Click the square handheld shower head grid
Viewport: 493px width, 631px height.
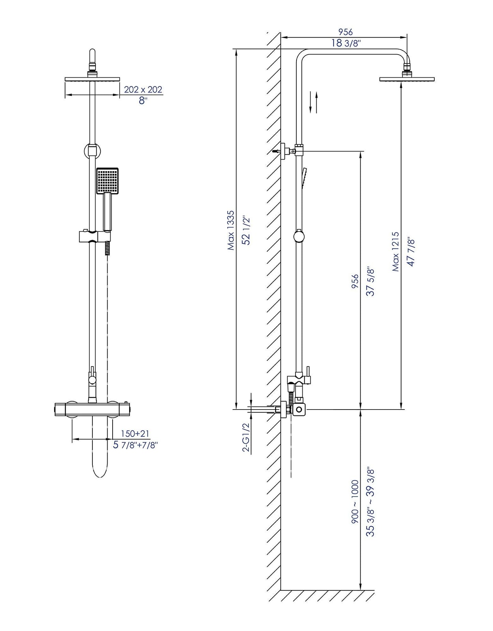click(x=107, y=180)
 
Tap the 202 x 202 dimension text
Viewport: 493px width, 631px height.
click(x=143, y=90)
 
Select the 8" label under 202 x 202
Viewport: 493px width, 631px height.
click(x=143, y=101)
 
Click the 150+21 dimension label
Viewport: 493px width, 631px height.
click(x=135, y=434)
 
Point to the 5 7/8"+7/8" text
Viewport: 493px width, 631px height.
click(x=135, y=445)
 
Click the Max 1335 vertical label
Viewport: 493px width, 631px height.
click(x=231, y=230)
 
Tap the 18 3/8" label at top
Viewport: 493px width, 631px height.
click(x=346, y=43)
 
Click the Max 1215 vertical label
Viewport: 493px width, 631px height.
click(x=395, y=252)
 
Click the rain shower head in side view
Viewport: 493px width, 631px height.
click(x=407, y=79)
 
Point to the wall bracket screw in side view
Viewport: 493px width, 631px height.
click(x=276, y=150)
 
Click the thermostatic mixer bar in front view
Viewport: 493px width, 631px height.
click(x=92, y=409)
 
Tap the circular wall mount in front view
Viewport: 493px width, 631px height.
click(x=92, y=150)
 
